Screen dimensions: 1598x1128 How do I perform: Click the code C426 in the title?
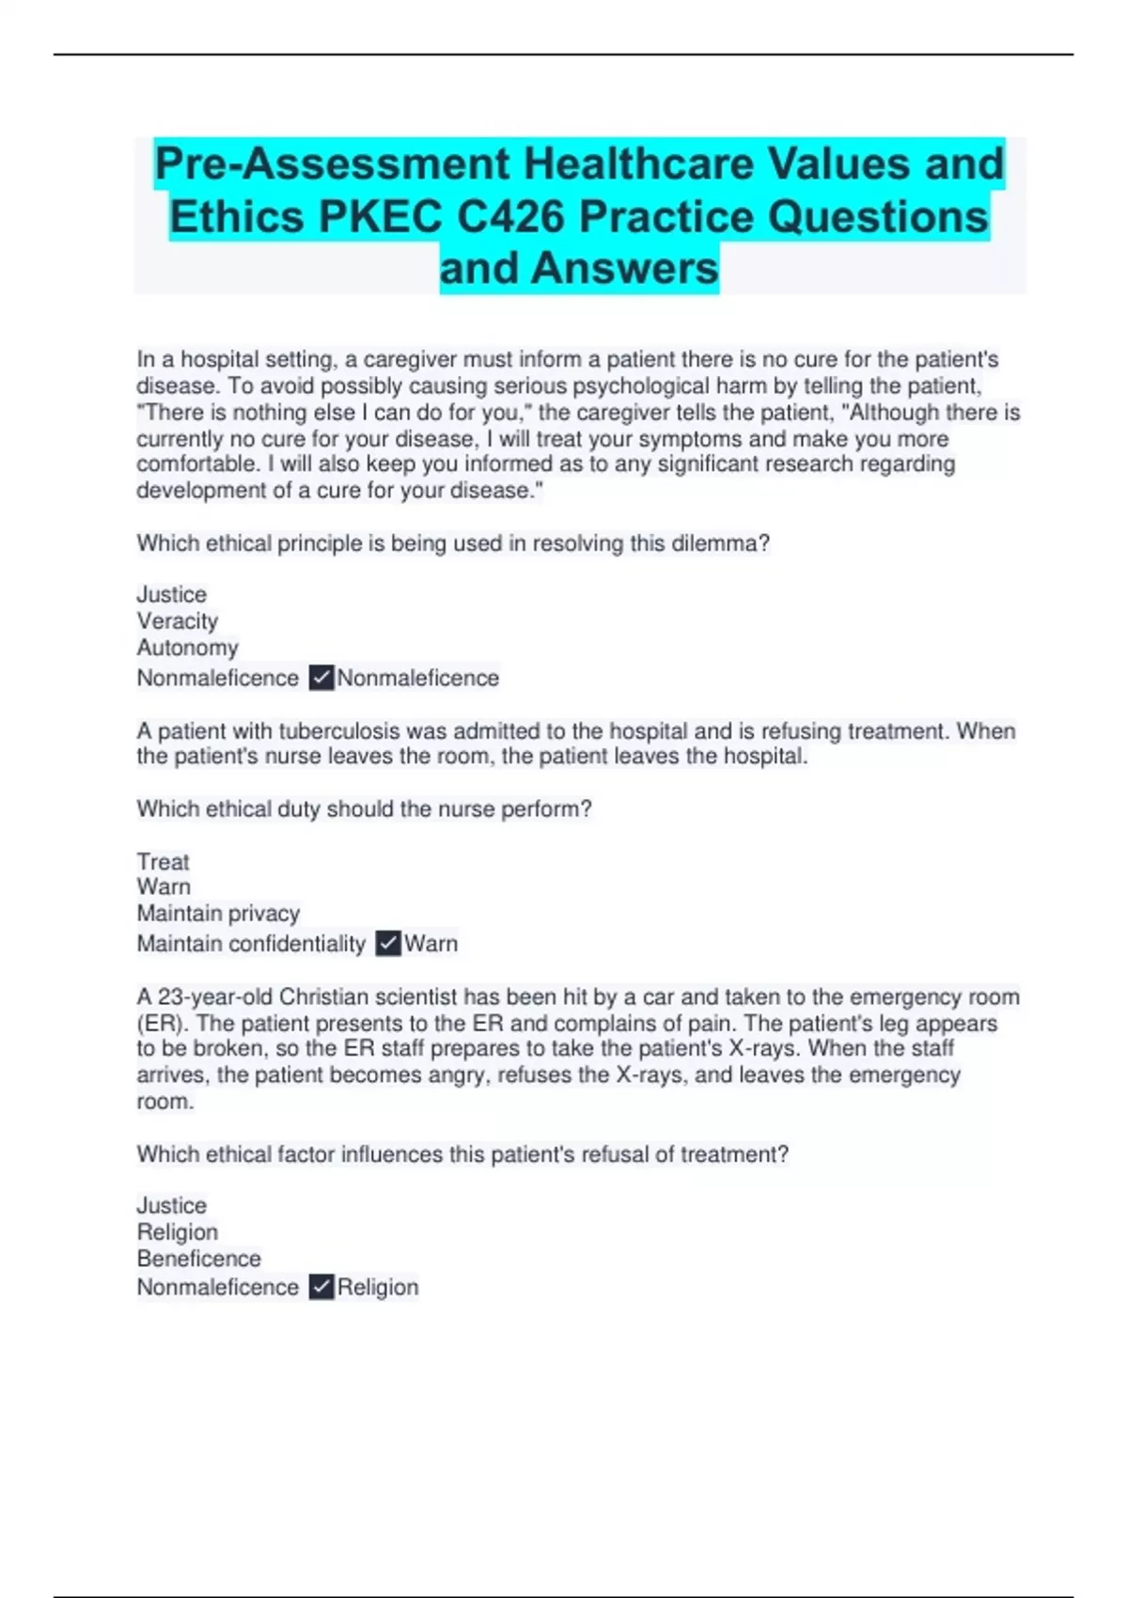point(512,216)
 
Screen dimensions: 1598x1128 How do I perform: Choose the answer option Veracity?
point(177,621)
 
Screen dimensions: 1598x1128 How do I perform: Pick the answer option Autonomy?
point(187,648)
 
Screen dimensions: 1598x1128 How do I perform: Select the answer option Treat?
point(163,862)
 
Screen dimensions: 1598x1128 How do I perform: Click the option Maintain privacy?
point(218,914)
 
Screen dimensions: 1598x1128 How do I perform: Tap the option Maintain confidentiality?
point(251,944)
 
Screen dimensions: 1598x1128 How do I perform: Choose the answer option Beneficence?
point(198,1259)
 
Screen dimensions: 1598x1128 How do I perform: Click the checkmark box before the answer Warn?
point(388,944)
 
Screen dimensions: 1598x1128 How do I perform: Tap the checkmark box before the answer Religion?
point(321,1288)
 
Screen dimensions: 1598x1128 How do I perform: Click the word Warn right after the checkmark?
point(431,944)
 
